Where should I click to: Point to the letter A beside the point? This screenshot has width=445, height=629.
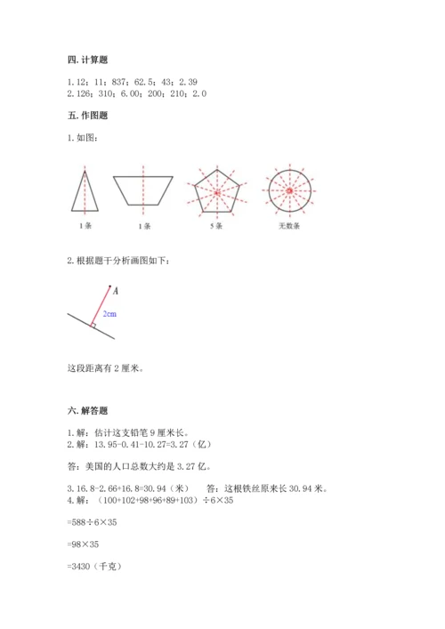(x=116, y=290)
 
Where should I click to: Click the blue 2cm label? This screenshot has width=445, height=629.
(x=109, y=314)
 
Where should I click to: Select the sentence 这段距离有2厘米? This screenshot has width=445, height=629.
(x=105, y=367)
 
